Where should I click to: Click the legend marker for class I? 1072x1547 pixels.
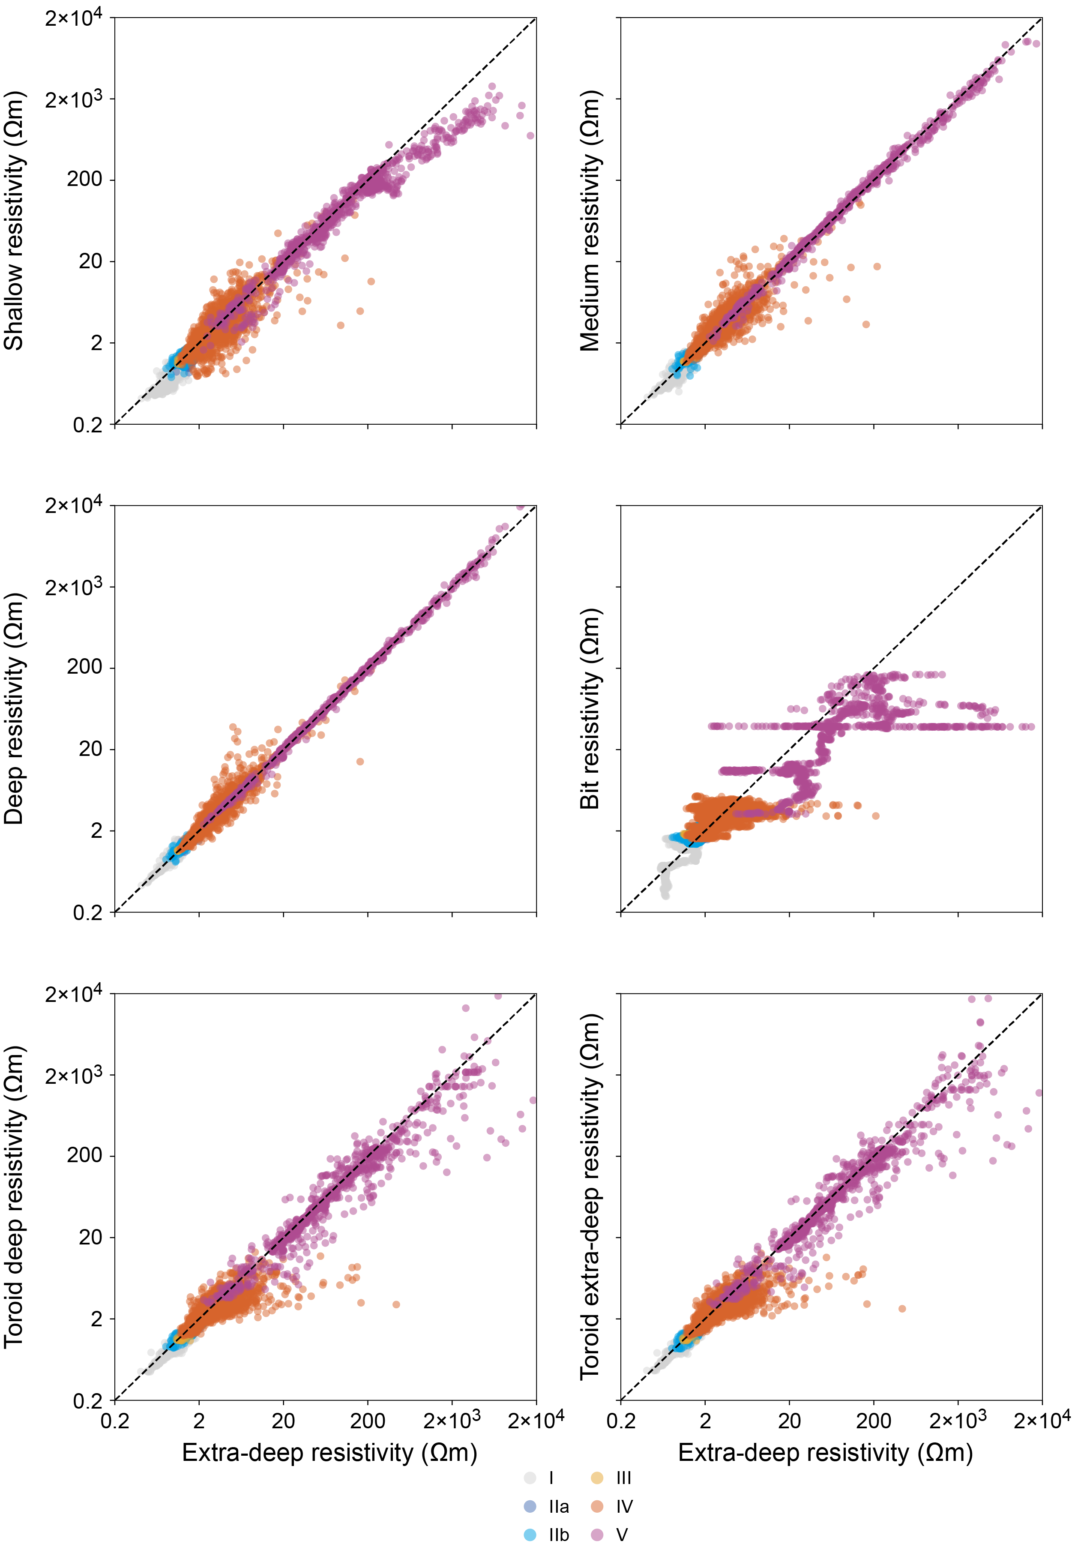[530, 1478]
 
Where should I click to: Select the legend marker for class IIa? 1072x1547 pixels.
[530, 1507]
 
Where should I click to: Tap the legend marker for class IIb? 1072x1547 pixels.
[530, 1535]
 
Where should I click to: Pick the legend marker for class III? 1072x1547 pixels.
[596, 1478]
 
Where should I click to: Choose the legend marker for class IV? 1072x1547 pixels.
[596, 1507]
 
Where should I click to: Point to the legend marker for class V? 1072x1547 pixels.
[596, 1535]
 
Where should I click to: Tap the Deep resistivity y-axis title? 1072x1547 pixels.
[14, 709]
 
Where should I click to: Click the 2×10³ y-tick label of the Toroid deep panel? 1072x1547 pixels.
[74, 1076]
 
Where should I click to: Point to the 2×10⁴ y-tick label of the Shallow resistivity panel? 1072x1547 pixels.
[74, 18]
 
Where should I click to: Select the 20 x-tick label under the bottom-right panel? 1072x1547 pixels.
[789, 1421]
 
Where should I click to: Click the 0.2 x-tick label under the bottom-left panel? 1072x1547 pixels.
[115, 1421]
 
